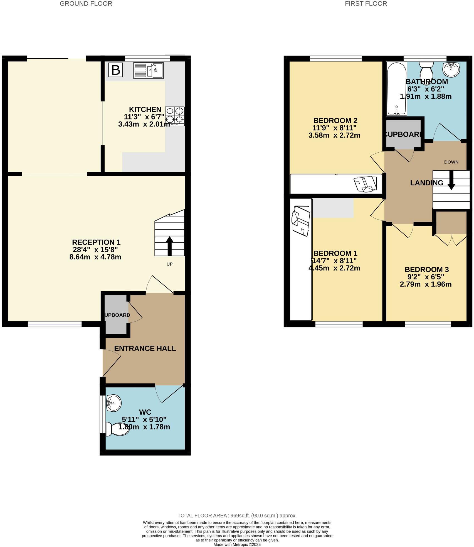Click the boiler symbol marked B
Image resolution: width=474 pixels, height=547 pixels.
(115, 70)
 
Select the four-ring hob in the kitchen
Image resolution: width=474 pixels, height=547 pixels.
(175, 116)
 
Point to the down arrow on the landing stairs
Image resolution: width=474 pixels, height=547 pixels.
(451, 180)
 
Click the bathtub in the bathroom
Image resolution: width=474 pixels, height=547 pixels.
(396, 89)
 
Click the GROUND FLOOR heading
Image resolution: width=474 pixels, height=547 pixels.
(86, 4)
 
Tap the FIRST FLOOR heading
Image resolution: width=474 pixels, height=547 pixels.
(366, 4)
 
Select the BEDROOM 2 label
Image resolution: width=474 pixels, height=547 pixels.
(335, 121)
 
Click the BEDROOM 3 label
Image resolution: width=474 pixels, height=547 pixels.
(426, 269)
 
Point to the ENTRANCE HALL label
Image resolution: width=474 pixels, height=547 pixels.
(145, 348)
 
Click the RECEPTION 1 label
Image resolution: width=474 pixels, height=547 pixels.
(96, 242)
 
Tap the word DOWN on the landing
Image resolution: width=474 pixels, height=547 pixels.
(451, 162)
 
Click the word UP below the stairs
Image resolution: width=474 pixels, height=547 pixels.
(169, 264)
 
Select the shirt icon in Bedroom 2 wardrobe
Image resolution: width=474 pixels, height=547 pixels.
(366, 184)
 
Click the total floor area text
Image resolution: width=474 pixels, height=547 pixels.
(237, 516)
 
